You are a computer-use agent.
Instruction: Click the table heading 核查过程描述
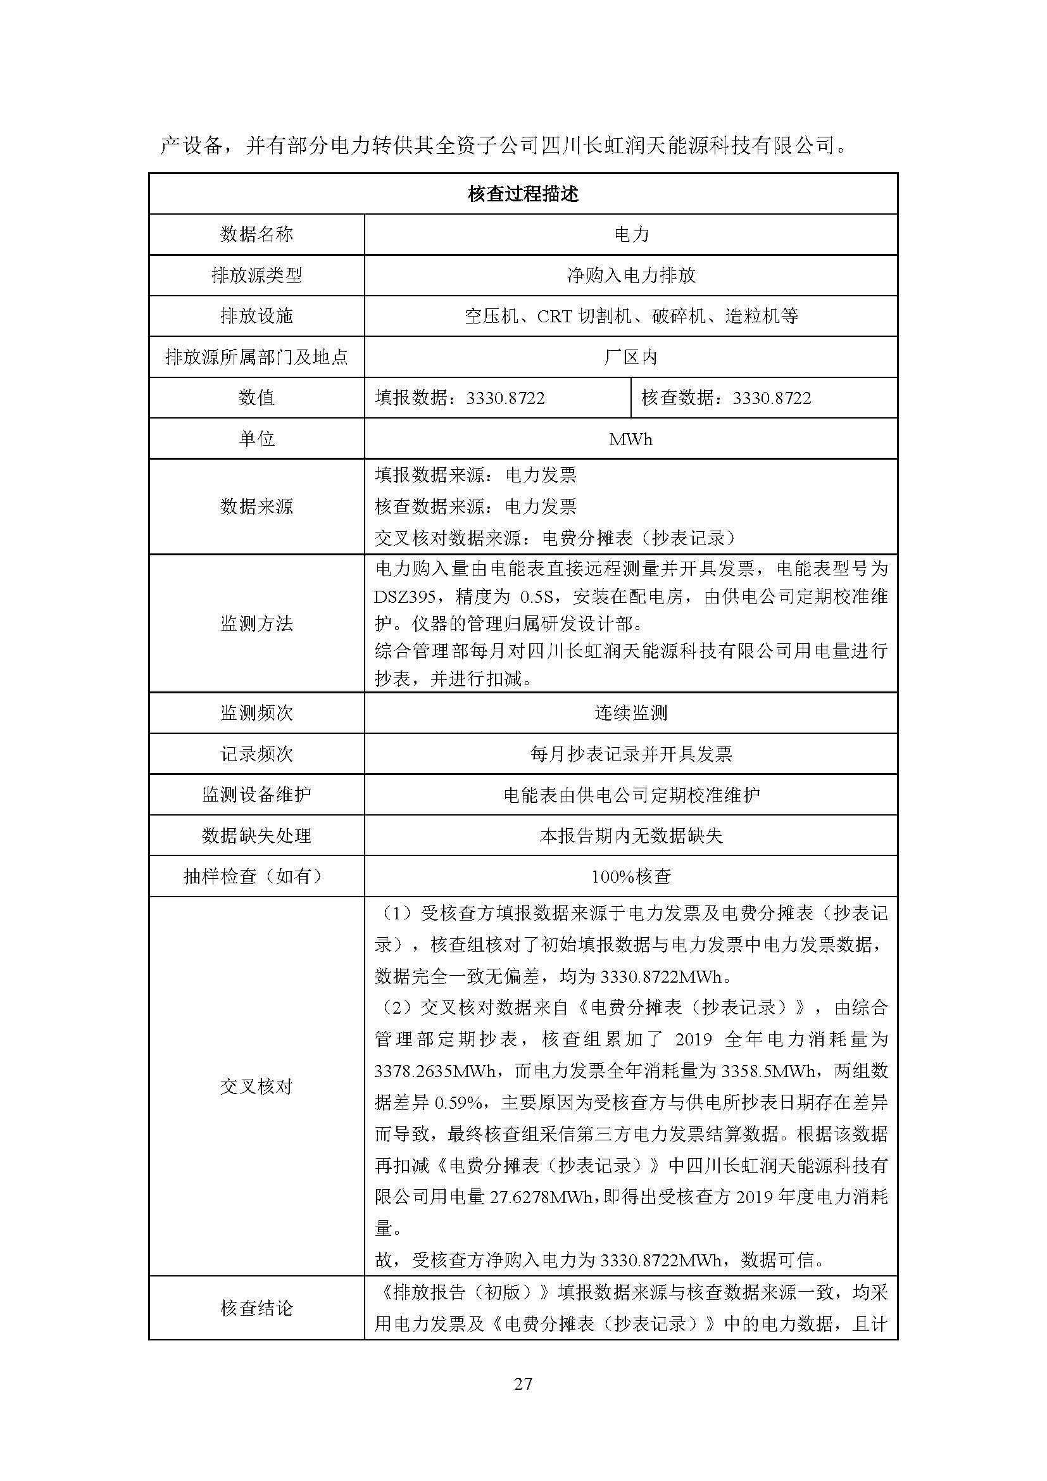523,194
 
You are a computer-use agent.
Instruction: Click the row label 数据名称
256,234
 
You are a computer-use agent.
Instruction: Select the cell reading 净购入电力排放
630,275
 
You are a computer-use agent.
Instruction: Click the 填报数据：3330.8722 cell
460,398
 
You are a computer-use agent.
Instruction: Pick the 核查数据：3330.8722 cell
726,398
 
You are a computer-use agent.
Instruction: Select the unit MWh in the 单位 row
630,439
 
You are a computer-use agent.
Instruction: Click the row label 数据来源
256,507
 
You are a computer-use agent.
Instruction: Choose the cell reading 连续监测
630,713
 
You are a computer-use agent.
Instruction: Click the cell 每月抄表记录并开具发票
630,753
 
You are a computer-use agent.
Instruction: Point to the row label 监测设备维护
256,795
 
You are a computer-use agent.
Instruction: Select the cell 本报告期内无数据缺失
630,836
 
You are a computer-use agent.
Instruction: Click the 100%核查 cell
630,876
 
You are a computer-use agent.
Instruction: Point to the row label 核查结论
256,1309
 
